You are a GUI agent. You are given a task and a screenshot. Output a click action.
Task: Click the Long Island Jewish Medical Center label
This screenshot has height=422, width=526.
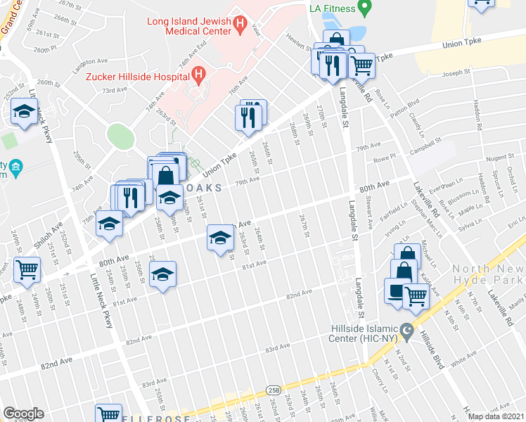click(188, 26)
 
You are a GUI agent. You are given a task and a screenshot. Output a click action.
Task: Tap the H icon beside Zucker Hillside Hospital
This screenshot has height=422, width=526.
click(200, 73)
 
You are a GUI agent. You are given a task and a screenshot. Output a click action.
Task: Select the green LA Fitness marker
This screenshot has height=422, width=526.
click(364, 8)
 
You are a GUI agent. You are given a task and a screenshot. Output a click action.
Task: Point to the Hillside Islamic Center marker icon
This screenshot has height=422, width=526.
click(406, 330)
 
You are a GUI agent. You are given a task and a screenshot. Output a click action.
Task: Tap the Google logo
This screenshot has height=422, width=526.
click(24, 414)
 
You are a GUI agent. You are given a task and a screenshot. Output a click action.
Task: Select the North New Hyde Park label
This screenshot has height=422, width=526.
click(488, 274)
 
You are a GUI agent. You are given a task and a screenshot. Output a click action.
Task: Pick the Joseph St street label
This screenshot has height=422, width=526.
click(455, 72)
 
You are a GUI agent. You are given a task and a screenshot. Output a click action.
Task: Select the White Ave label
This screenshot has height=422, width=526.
click(464, 364)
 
